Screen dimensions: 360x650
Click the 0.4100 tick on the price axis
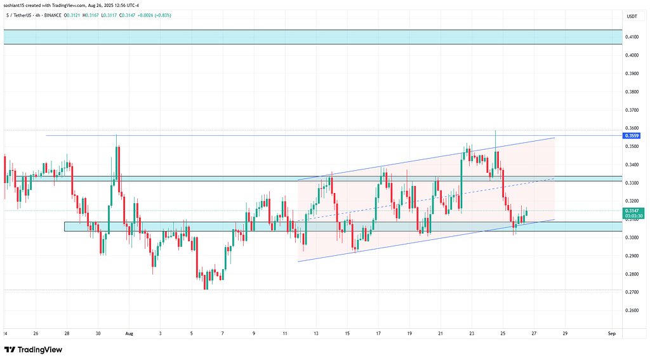point(632,37)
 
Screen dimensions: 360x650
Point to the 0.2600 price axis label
point(632,310)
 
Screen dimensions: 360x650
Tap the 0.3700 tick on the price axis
point(632,110)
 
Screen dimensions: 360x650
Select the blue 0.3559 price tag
point(632,136)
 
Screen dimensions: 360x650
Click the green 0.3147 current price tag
point(632,211)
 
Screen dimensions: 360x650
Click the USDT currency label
point(632,17)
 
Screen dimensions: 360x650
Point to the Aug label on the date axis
point(129,333)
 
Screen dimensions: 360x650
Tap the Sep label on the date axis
point(611,333)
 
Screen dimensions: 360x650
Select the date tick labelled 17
point(378,333)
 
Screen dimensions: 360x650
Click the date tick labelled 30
point(98,333)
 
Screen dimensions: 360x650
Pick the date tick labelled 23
point(472,333)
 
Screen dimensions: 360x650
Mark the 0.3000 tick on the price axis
point(632,237)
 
